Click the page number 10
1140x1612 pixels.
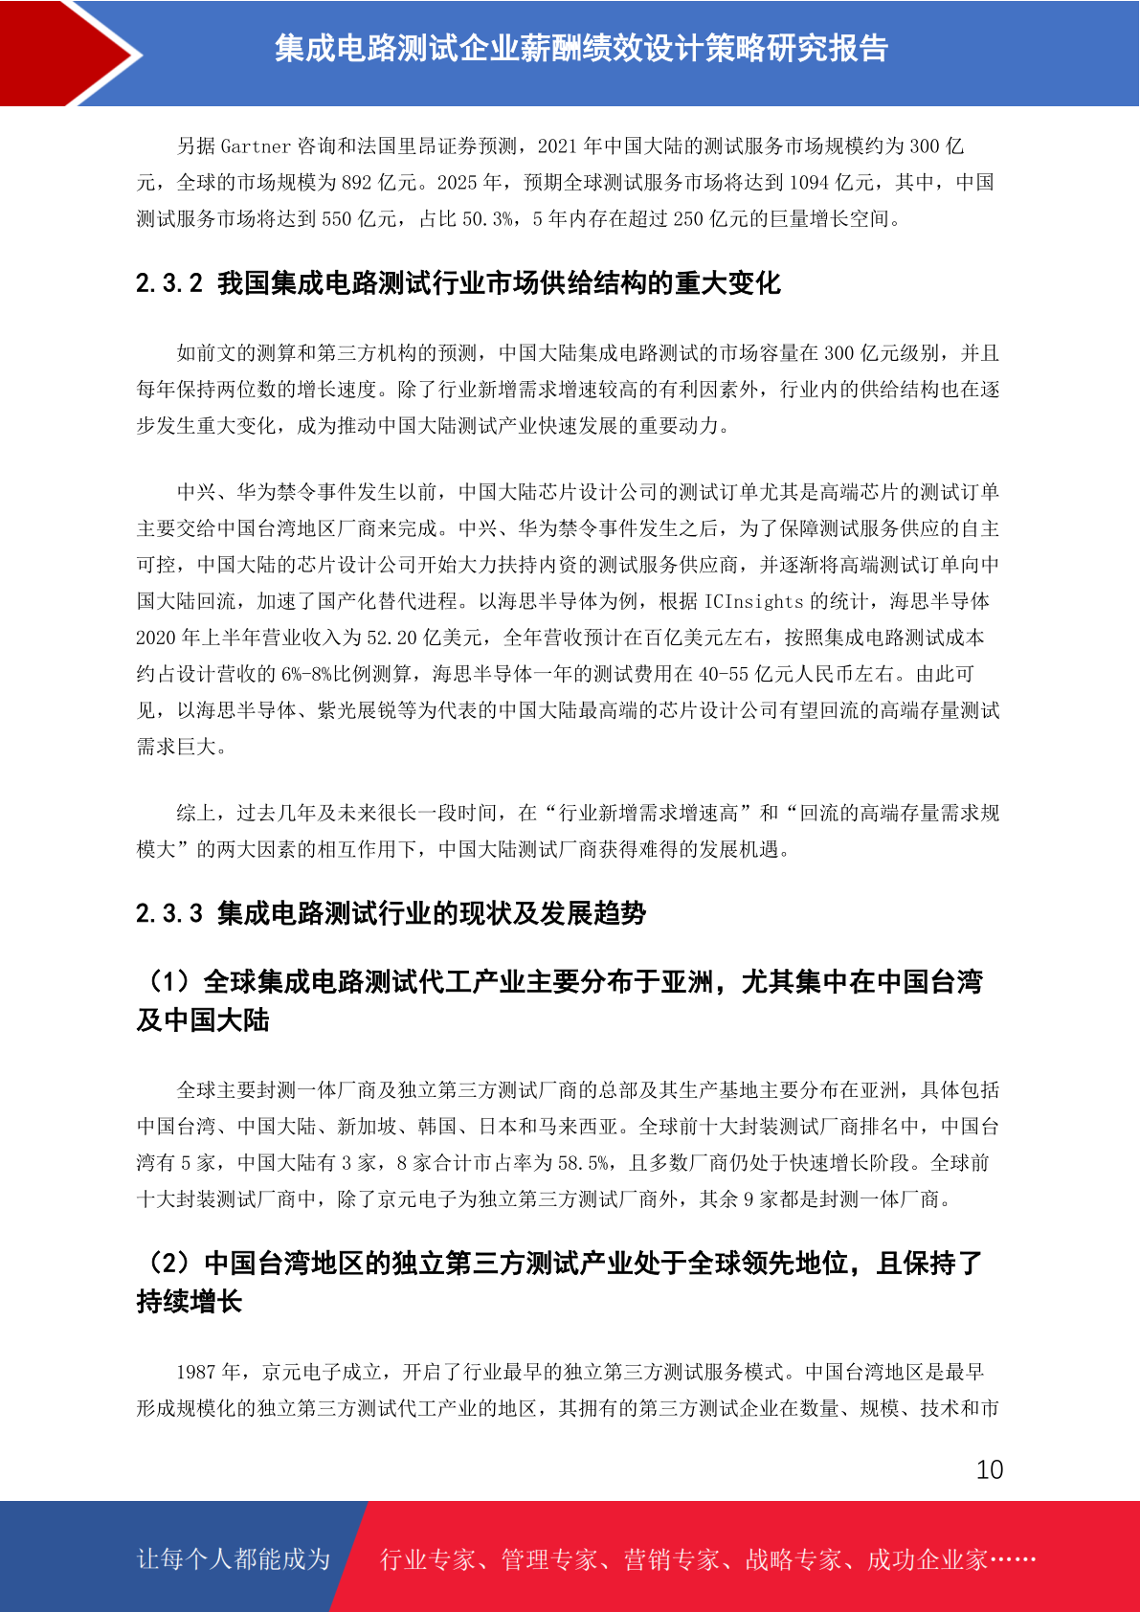(x=989, y=1469)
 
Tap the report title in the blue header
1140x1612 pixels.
(x=581, y=48)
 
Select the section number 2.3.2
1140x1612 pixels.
(x=169, y=283)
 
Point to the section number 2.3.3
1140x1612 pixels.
(x=169, y=913)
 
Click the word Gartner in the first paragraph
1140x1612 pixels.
(x=256, y=146)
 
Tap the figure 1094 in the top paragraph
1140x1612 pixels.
(x=809, y=183)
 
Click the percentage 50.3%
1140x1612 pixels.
(x=487, y=219)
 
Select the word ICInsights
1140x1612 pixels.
(x=753, y=601)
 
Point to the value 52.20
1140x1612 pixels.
(x=393, y=638)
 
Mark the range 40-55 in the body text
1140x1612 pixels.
(x=723, y=674)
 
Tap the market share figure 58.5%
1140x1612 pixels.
(x=583, y=1163)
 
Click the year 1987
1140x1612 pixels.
(x=195, y=1372)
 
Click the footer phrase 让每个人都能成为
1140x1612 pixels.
(x=234, y=1559)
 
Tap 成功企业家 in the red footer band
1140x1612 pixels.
(x=927, y=1559)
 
